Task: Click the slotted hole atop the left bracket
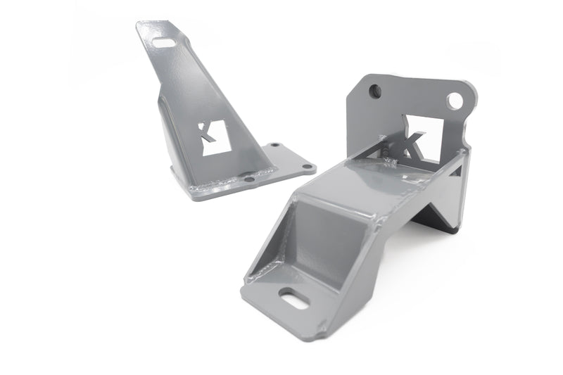point(165,43)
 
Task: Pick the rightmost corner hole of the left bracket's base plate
point(306,167)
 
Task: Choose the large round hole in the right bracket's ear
point(455,101)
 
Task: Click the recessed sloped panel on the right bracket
point(324,243)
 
